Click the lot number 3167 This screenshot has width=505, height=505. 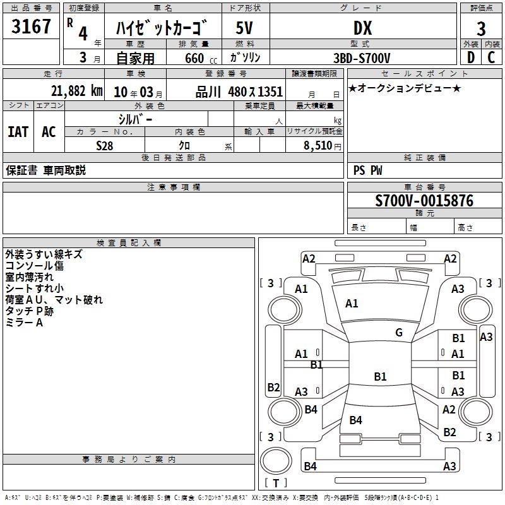pyautogui.click(x=32, y=27)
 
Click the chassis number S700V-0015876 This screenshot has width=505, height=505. pyautogui.click(x=424, y=201)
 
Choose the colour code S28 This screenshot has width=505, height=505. pyautogui.click(x=104, y=145)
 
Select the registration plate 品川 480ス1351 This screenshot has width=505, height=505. pyautogui.click(x=239, y=92)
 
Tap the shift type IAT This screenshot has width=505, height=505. pyautogui.click(x=18, y=132)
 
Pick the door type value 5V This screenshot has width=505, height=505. pyautogui.click(x=245, y=28)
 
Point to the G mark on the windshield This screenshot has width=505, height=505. pyautogui.click(x=399, y=333)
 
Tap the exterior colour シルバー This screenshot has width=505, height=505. pyautogui.click(x=135, y=119)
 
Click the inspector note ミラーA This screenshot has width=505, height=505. pyautogui.click(x=24, y=323)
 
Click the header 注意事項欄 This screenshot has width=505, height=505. pyautogui.click(x=174, y=187)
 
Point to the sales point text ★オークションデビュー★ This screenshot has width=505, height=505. pyautogui.click(x=405, y=88)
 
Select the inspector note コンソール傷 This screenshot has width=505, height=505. pyautogui.click(x=34, y=266)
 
